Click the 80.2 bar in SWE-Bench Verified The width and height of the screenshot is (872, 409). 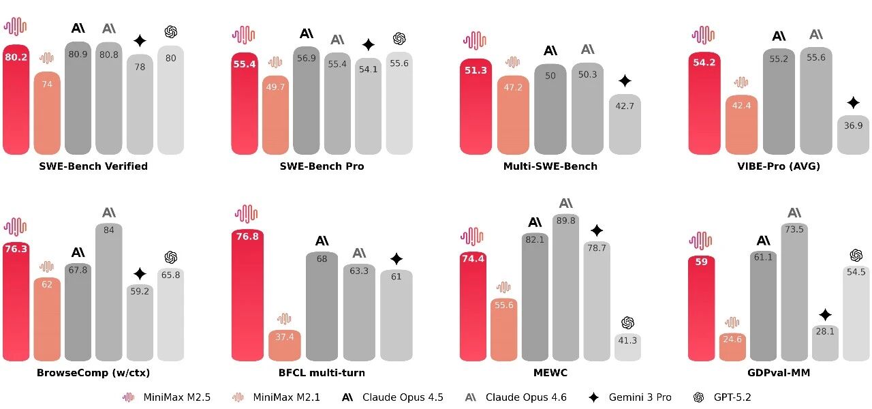tap(16, 102)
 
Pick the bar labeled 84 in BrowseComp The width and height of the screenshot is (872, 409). tap(109, 293)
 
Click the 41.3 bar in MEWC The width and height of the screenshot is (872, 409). tap(627, 348)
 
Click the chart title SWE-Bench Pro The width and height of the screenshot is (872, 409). tap(322, 166)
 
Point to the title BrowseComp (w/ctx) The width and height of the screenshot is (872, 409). tap(93, 373)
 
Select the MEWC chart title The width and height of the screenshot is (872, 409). tap(550, 373)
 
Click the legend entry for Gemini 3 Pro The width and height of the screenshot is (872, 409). tap(638, 397)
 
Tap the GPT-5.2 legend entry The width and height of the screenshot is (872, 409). tap(732, 397)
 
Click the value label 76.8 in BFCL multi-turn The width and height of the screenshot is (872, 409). tap(247, 237)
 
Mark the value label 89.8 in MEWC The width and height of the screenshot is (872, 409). tap(566, 221)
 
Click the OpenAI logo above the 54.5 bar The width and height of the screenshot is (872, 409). tap(856, 255)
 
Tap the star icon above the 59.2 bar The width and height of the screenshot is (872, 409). tap(140, 274)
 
